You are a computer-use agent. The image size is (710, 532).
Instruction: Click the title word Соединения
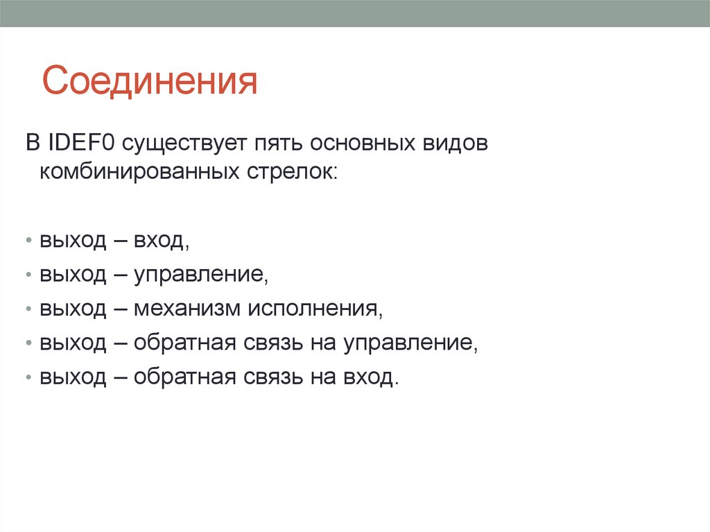(x=149, y=81)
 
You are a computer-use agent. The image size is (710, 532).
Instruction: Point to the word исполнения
(x=311, y=309)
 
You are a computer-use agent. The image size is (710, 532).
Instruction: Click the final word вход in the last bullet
(x=372, y=377)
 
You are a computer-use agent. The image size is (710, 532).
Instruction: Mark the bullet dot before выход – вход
(x=28, y=241)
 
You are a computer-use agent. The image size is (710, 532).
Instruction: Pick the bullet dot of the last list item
(x=28, y=378)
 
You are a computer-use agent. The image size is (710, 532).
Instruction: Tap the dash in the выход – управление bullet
(x=119, y=275)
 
